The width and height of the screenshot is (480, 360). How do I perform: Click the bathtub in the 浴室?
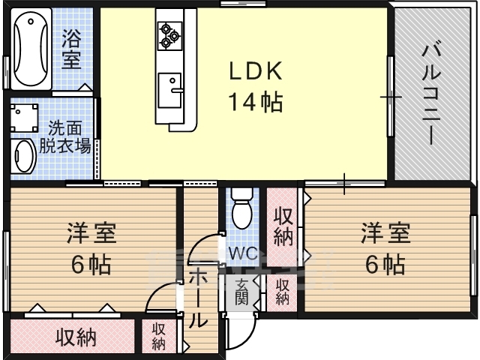pyautogui.click(x=31, y=49)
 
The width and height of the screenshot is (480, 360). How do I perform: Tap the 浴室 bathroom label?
pyautogui.click(x=71, y=49)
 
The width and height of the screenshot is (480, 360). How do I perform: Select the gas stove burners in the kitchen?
pyautogui.click(x=169, y=35)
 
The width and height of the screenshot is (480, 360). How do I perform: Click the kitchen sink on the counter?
pyautogui.click(x=169, y=90)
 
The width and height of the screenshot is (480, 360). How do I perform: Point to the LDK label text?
pyautogui.click(x=256, y=71)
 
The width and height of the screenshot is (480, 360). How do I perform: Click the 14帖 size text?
pyautogui.click(x=256, y=102)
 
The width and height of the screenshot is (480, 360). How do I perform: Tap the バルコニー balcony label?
pyautogui.click(x=431, y=94)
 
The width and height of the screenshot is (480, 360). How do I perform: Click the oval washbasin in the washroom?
pyautogui.click(x=24, y=155)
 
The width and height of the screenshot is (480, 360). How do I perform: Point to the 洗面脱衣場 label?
pyautogui.click(x=65, y=136)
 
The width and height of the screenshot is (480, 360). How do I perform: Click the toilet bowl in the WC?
pyautogui.click(x=241, y=208)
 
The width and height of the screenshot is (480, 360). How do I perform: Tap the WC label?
pyautogui.click(x=243, y=253)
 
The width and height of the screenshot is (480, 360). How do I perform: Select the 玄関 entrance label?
pyautogui.click(x=241, y=292)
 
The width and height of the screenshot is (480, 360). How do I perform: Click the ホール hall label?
pyautogui.click(x=198, y=299)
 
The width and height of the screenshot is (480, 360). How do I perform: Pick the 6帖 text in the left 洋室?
pyautogui.click(x=91, y=265)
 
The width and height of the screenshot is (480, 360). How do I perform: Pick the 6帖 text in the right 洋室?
pyautogui.click(x=385, y=264)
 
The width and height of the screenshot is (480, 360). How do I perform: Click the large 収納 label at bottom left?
pyautogui.click(x=76, y=337)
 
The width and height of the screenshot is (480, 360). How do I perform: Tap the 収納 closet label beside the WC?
pyautogui.click(x=283, y=226)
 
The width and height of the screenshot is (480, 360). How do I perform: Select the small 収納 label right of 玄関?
pyautogui.click(x=282, y=292)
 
